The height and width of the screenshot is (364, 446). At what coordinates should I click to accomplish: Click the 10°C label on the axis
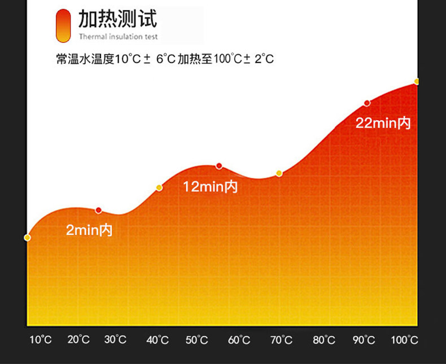41,340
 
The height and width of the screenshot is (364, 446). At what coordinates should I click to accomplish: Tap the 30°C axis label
115,340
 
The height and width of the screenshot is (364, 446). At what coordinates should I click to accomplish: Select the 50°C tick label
197,340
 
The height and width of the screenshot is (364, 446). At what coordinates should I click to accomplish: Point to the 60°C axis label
239,340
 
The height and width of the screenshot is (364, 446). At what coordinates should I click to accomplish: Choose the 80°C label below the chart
323,340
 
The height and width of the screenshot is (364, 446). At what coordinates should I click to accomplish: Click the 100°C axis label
405,340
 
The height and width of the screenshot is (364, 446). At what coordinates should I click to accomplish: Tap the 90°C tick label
364,340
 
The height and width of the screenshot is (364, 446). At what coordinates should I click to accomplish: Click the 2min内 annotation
89,230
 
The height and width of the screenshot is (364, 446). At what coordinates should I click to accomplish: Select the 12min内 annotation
210,187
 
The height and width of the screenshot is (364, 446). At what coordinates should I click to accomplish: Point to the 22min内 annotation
383,123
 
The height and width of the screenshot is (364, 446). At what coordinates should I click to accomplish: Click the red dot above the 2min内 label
99,210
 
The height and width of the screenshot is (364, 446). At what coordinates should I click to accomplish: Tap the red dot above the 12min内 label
219,166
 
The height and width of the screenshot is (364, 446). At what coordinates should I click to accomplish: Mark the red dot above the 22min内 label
367,103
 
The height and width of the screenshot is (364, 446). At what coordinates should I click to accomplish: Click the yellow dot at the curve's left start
27,238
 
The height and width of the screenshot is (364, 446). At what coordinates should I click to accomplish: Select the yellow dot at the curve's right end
417,82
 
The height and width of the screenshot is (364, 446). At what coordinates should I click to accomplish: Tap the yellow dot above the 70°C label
279,173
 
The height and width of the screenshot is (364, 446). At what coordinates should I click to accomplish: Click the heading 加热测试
117,19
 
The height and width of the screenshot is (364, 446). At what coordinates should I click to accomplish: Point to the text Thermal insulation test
119,37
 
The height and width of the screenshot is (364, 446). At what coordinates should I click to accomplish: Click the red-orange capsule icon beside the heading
63,25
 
